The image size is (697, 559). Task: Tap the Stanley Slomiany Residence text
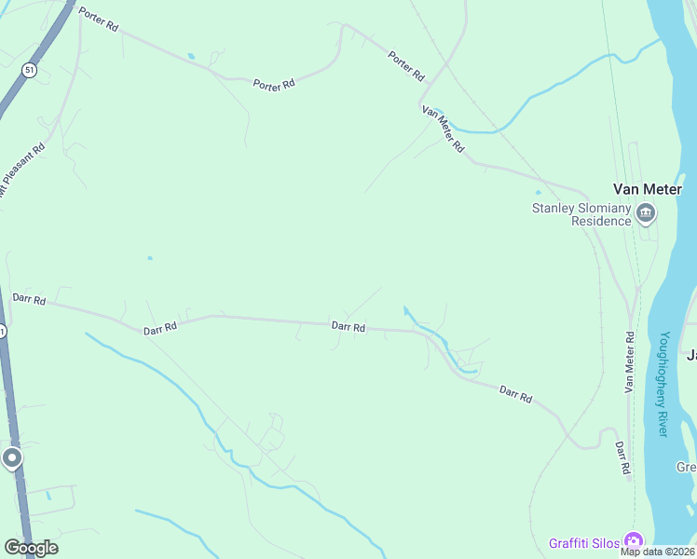pyautogui.click(x=581, y=214)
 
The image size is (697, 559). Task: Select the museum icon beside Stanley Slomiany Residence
pyautogui.click(x=646, y=215)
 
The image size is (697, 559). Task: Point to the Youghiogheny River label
pyautogui.click(x=663, y=384)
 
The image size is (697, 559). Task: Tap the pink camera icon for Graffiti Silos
pyautogui.click(x=635, y=541)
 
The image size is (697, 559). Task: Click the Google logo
pyautogui.click(x=31, y=548)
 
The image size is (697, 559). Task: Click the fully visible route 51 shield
pyautogui.click(x=31, y=70)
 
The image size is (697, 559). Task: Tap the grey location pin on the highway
pyautogui.click(x=12, y=457)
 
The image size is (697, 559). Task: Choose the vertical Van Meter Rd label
pyautogui.click(x=630, y=361)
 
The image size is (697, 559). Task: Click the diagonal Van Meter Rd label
pyautogui.click(x=444, y=129)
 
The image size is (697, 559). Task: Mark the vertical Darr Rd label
pyautogui.click(x=622, y=457)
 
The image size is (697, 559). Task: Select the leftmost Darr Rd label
pyautogui.click(x=30, y=299)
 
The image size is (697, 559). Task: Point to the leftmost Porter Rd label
pyautogui.click(x=99, y=20)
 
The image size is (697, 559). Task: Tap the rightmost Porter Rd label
pyautogui.click(x=406, y=65)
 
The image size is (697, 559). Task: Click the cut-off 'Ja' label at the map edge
pyautogui.click(x=691, y=355)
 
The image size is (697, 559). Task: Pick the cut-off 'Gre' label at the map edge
pyautogui.click(x=687, y=467)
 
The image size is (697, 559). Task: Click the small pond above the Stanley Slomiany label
pyautogui.click(x=539, y=192)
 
